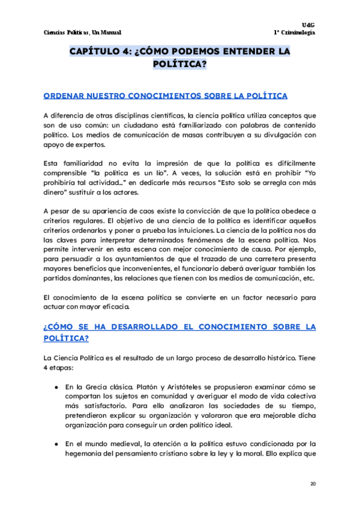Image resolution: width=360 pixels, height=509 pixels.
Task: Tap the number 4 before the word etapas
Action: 46,367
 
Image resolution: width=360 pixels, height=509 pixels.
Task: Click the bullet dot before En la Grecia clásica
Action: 55,387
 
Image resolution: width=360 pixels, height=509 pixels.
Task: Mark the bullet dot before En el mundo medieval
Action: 55,444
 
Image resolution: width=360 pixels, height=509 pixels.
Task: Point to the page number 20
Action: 313,484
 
